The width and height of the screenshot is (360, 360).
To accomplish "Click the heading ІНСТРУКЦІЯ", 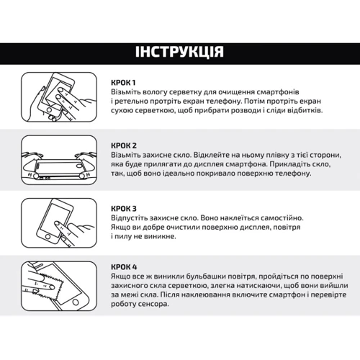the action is point(179,52).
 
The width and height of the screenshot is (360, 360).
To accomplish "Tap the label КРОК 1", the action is point(123,83).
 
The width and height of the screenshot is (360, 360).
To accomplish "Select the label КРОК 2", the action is point(124,145).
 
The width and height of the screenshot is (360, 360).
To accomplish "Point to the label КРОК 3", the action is point(124,209).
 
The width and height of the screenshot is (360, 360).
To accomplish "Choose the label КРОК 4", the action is point(124,267).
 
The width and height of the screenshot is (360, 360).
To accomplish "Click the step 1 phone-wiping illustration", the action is point(59,97).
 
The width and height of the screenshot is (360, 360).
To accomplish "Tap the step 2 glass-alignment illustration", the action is point(59,160).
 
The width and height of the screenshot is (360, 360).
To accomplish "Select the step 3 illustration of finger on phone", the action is point(59,223).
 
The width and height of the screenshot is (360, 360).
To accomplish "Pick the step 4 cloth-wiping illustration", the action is point(59,286).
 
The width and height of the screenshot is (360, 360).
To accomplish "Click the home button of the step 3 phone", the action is point(48,237).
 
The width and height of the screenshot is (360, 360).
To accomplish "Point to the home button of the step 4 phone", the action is point(76,302).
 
